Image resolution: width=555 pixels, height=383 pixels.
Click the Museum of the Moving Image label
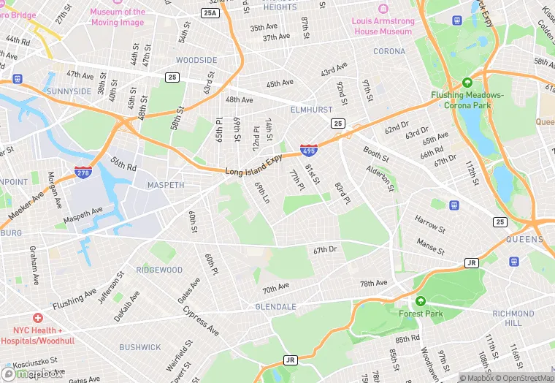(x=118, y=17)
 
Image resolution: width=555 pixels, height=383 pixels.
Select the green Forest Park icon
(x=420, y=301)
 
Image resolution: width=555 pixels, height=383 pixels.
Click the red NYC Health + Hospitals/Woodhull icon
(x=37, y=319)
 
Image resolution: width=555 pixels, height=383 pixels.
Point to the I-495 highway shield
(x=308, y=150)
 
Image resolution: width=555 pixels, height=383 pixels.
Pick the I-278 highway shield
(x=83, y=172)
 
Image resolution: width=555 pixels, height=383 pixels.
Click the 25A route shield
(x=210, y=13)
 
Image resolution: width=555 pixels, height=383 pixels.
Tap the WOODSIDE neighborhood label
(x=196, y=60)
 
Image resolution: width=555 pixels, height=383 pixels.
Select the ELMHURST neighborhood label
(x=310, y=110)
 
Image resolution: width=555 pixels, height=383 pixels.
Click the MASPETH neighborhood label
(x=166, y=185)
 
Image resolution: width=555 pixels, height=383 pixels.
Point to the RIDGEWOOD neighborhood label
(x=159, y=270)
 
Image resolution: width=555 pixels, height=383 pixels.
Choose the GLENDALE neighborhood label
(x=275, y=306)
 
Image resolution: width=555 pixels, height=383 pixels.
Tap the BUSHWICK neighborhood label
(x=140, y=347)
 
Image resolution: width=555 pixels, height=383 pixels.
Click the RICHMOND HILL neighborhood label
(x=518, y=318)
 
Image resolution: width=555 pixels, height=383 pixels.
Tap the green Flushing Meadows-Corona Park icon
(x=467, y=83)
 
